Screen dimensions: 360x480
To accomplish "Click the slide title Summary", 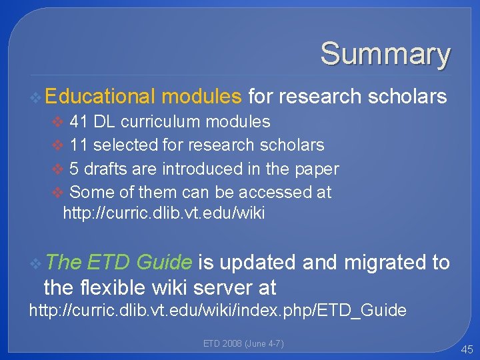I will pyautogui.click(x=385, y=53).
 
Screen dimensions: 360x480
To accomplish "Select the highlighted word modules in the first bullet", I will pyautogui.click(x=201, y=97).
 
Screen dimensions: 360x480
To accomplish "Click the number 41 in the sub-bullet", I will pyautogui.click(x=79, y=121).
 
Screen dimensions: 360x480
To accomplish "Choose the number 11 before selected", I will pyautogui.click(x=79, y=145).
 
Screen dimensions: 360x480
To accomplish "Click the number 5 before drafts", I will pyautogui.click(x=73, y=169).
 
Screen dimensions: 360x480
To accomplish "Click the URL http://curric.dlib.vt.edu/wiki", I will pyautogui.click(x=163, y=213).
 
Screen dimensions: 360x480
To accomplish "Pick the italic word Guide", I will pyautogui.click(x=164, y=262).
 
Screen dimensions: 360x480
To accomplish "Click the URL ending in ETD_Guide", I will pyautogui.click(x=217, y=311).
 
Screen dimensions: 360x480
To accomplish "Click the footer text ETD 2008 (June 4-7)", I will pyautogui.click(x=243, y=343).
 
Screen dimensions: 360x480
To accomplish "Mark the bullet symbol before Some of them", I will pyautogui.click(x=58, y=193).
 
